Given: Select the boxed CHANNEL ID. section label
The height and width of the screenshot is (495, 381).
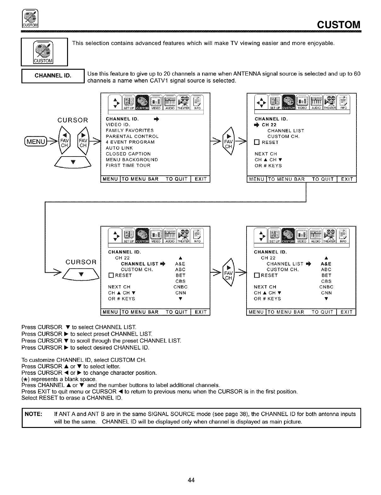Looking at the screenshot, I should pyautogui.click(x=53, y=76).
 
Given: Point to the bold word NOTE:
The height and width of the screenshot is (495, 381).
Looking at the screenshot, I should pyautogui.click(x=31, y=414).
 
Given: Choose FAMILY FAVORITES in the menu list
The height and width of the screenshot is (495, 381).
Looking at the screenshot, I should pyautogui.click(x=130, y=131).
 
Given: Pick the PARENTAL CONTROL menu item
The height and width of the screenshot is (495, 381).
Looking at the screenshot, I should pyautogui.click(x=132, y=136).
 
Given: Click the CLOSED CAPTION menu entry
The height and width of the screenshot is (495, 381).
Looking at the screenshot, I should pyautogui.click(x=128, y=154).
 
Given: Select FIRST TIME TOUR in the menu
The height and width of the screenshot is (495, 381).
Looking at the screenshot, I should pyautogui.click(x=128, y=165).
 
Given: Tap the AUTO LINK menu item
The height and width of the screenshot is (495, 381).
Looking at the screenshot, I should pyautogui.click(x=119, y=148).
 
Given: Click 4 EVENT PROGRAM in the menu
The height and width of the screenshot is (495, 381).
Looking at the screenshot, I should pyautogui.click(x=130, y=142).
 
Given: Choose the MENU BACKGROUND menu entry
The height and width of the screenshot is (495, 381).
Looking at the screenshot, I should pyautogui.click(x=132, y=160).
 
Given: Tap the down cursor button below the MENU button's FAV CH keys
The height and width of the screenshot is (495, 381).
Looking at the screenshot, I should pyautogui.click(x=73, y=162).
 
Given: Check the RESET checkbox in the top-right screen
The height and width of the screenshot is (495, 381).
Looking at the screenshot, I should pyautogui.click(x=257, y=142).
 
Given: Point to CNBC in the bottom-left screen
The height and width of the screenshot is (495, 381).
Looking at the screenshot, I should pyautogui.click(x=180, y=287).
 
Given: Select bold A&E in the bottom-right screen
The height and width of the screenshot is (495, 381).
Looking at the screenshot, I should pyautogui.click(x=326, y=264).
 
